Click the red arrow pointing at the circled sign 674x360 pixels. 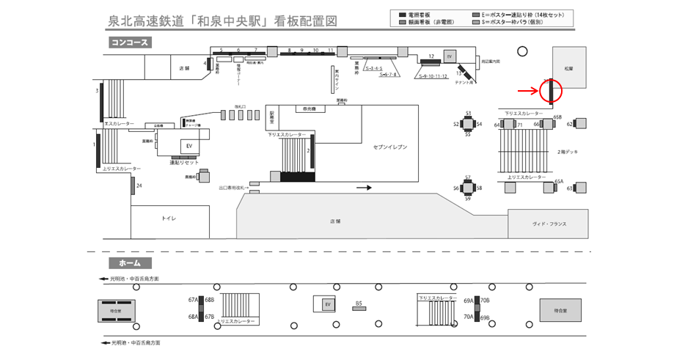(527, 91)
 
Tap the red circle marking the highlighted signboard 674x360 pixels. (550, 91)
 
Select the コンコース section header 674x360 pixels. (130, 43)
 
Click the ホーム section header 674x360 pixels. (130, 262)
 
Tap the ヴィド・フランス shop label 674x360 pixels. (549, 224)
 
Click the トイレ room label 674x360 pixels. (169, 218)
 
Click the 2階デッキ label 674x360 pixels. (567, 152)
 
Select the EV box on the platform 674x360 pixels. (328, 304)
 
